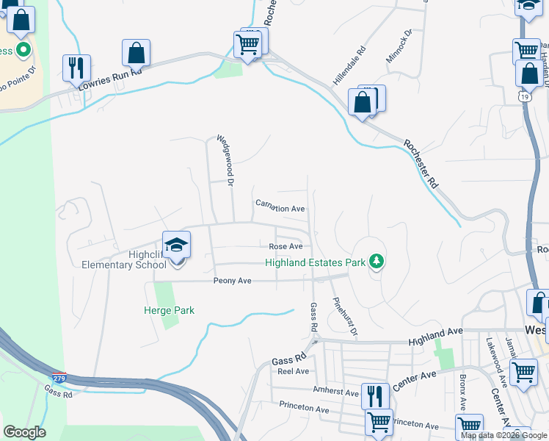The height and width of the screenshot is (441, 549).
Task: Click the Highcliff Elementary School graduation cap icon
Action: (x=176, y=245)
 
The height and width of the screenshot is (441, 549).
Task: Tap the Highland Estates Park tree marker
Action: (x=377, y=262)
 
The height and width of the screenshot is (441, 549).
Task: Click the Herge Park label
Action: (x=169, y=310)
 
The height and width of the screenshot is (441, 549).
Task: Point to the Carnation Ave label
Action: (x=280, y=209)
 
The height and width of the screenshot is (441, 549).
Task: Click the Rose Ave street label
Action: (x=286, y=246)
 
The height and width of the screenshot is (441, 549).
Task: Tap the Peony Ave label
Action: (x=233, y=281)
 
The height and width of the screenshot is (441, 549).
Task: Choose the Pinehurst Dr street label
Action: (x=344, y=317)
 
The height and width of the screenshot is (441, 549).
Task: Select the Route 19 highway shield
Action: (x=523, y=96)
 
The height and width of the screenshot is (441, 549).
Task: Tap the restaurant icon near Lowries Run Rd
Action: (x=76, y=68)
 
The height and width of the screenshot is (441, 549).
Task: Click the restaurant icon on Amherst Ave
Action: (x=374, y=396)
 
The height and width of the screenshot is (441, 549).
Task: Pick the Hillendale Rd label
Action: (x=349, y=65)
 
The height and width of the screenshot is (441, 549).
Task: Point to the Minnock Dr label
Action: (x=399, y=45)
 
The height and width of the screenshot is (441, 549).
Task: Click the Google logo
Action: (x=24, y=432)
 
